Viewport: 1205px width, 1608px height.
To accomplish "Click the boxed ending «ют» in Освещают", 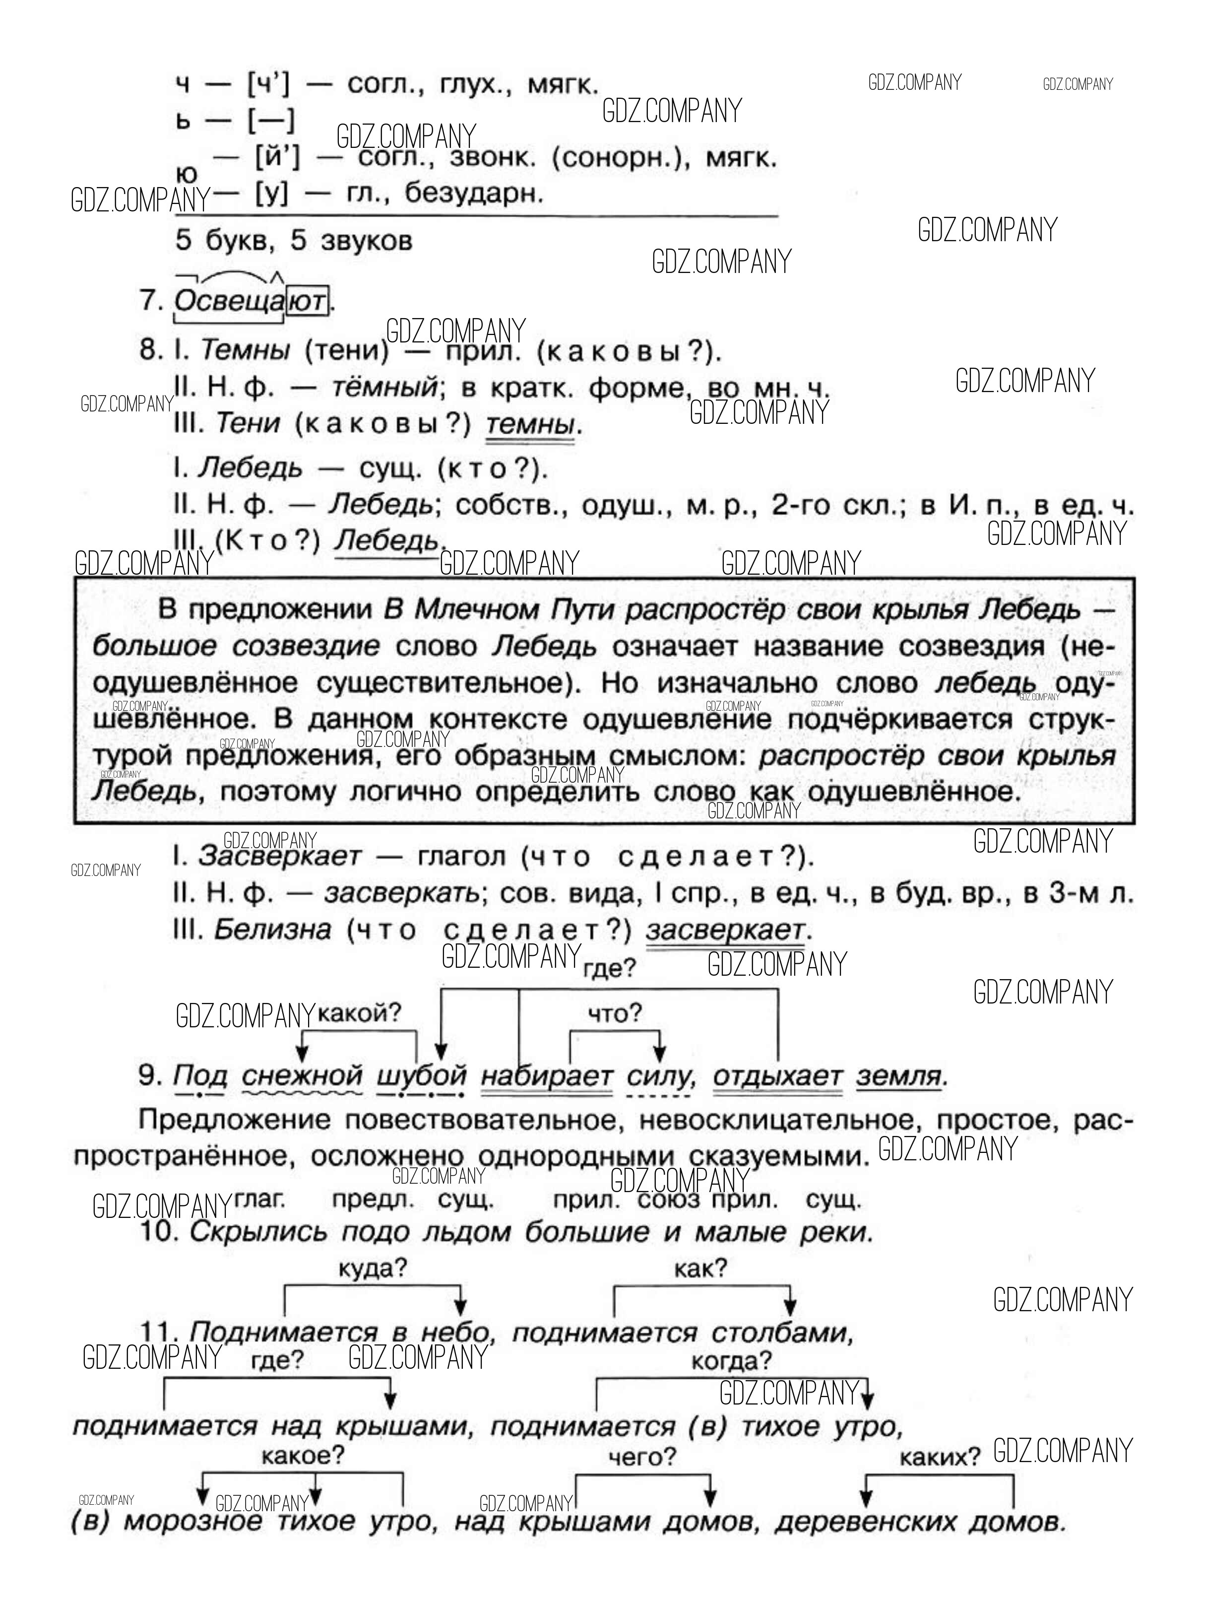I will [306, 300].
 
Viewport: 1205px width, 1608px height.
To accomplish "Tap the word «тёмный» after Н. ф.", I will [384, 388].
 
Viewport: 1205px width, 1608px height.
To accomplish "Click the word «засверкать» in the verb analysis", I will [401, 893].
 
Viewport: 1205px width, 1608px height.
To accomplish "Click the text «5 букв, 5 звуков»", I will [294, 241].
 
